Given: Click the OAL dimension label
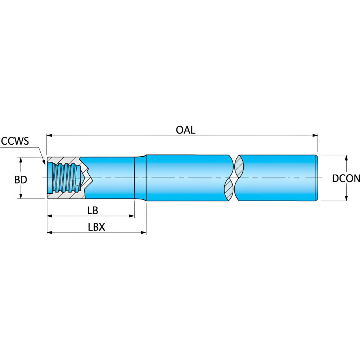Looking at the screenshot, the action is pos(185,130).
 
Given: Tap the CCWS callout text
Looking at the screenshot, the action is pos(15,141).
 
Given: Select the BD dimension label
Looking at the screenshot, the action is pos(21,180).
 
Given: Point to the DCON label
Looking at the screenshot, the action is pos(346,179).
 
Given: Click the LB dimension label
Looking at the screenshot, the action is pos(93,210).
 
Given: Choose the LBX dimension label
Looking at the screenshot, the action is pos(96,227).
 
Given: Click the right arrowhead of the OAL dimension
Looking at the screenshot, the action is pos(315,135).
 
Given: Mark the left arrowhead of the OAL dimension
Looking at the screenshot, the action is pos(50,135).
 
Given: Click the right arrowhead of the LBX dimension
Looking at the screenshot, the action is pos(144,233).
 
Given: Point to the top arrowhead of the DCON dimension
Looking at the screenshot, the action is pos(346,158).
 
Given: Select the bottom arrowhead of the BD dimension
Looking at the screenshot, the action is pos(21,196).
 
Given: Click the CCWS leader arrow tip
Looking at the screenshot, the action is pos(45,165).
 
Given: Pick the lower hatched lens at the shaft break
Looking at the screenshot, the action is pos(229,189).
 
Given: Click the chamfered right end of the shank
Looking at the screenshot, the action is pos(317,178).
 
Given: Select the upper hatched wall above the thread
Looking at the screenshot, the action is pos(64,160).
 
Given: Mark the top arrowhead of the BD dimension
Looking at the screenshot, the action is pos(21,160).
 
